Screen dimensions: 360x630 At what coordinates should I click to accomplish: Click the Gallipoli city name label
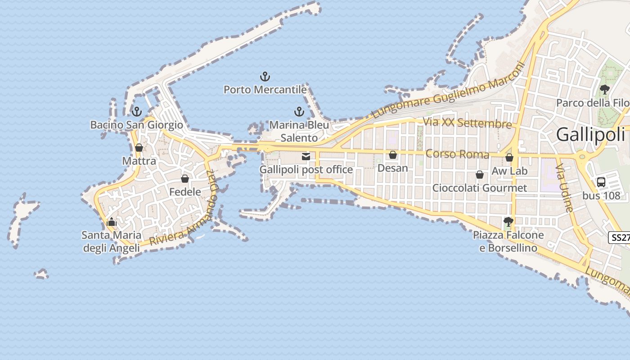pos(590,135)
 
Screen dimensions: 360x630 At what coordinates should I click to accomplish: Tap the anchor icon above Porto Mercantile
pos(265,76)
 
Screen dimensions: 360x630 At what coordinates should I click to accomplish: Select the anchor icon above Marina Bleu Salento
pos(299,112)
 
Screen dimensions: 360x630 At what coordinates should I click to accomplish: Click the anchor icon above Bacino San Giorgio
pos(136,112)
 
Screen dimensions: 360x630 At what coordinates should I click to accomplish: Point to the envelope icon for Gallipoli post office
pos(306,157)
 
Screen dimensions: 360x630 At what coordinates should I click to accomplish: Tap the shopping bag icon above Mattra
pos(139,148)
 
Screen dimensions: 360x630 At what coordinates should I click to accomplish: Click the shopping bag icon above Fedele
pos(184,179)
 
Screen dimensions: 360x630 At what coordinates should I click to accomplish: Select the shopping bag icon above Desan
pos(393,155)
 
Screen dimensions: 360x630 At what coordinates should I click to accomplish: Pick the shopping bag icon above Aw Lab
pos(509,157)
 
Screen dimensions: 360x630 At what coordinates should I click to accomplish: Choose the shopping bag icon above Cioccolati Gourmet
pos(480,175)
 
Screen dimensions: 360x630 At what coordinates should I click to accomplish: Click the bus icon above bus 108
pos(601,182)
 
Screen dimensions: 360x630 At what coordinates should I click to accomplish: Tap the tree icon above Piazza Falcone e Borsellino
pos(508,221)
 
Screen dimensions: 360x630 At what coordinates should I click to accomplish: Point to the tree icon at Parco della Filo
pos(605,90)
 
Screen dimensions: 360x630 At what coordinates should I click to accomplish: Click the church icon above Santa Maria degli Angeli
pos(111,221)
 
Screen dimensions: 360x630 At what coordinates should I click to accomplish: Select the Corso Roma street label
pos(457,154)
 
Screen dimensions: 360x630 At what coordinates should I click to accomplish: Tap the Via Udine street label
pos(564,188)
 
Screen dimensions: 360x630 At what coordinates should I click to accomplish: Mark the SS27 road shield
pos(620,238)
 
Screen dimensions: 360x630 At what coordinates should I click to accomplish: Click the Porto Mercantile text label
pos(265,90)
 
